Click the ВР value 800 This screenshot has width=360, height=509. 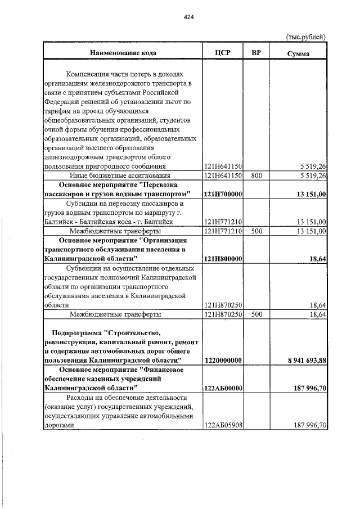(x=256, y=175)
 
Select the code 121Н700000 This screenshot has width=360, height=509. (x=223, y=194)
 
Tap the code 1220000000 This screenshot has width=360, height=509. (x=223, y=360)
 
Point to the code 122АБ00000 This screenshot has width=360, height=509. (x=223, y=388)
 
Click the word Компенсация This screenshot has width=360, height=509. (x=88, y=74)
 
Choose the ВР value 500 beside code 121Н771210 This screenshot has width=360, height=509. (x=256, y=231)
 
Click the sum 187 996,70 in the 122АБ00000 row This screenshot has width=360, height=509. (x=304, y=388)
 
